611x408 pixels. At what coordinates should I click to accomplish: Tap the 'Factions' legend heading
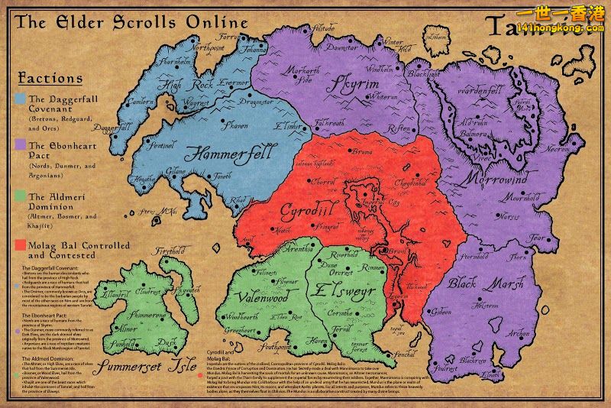tap(49, 78)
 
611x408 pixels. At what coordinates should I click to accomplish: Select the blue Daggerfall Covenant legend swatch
tap(20, 99)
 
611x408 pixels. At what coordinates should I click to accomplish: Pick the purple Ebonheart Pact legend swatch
tap(20, 144)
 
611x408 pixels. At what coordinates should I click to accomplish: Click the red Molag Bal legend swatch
tap(20, 246)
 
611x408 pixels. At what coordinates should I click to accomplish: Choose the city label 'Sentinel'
tap(163, 144)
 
